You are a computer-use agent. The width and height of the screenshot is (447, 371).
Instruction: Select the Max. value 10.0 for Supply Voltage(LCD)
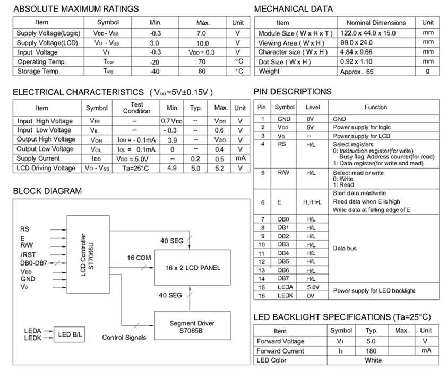(x=202, y=43)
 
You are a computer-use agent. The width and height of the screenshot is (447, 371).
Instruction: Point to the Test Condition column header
(x=133, y=108)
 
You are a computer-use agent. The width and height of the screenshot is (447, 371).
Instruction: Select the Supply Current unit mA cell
(x=240, y=158)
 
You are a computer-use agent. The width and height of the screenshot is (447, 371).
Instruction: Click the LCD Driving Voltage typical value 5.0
(x=196, y=168)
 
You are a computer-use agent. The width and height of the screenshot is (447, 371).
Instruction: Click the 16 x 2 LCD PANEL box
(x=188, y=268)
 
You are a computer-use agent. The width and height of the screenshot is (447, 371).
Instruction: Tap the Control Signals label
(x=124, y=338)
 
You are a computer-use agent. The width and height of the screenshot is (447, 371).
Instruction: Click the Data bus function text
(x=345, y=248)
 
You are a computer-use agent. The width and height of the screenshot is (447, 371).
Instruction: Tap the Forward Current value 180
(x=371, y=351)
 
